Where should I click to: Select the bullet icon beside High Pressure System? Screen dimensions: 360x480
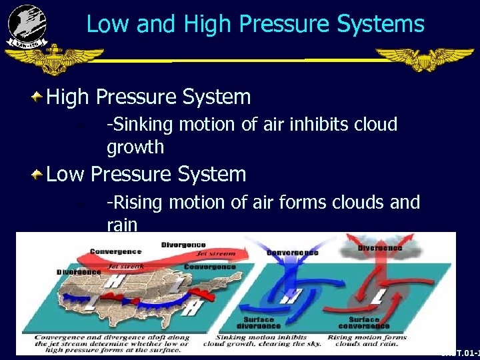click(37, 98)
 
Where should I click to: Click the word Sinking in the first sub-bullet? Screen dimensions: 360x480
click(137, 125)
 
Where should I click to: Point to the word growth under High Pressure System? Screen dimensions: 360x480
click(135, 146)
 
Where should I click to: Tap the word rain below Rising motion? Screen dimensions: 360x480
click(122, 224)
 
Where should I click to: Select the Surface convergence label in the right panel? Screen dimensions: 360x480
click(363, 322)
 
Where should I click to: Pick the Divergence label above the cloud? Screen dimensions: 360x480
click(380, 247)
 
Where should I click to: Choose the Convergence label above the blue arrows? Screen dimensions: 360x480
click(292, 253)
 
